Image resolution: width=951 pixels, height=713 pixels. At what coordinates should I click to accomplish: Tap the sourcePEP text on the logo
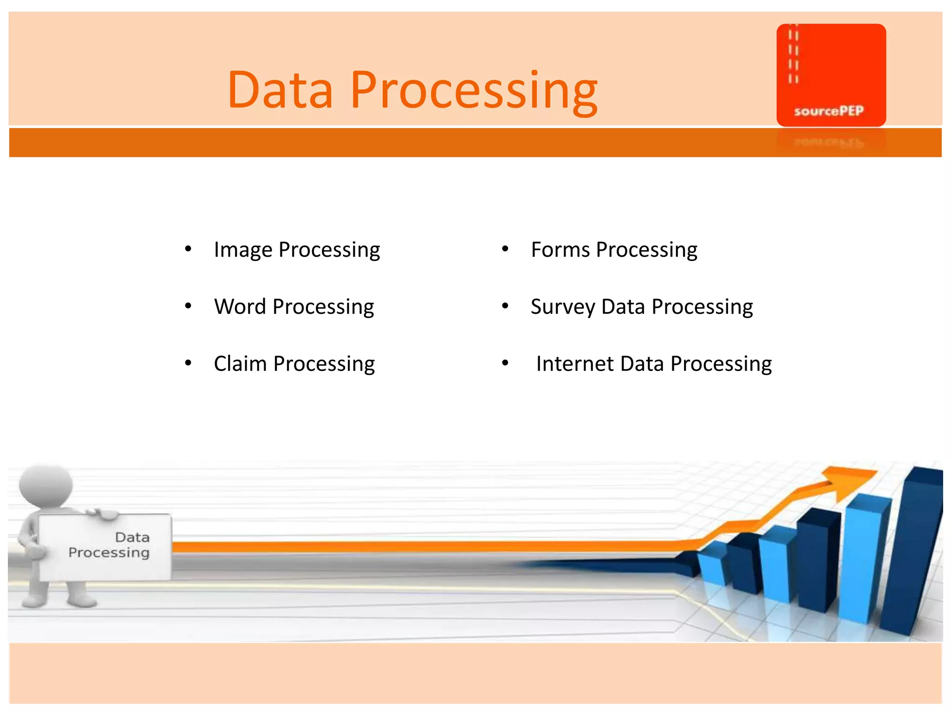828,111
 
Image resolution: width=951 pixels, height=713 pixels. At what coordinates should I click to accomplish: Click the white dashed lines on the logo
793,56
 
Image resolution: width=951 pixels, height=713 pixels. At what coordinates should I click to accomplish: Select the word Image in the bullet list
243,250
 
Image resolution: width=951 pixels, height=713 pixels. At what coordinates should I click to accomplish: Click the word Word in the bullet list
240,307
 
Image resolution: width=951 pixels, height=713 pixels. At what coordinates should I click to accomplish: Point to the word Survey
562,307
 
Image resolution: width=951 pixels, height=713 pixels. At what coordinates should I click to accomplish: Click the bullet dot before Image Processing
188,249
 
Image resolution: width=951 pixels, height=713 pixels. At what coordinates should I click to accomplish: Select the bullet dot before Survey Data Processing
505,306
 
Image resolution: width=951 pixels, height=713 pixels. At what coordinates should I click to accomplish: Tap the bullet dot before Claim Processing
188,363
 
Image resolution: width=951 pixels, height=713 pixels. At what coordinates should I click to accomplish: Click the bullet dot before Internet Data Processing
505,363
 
